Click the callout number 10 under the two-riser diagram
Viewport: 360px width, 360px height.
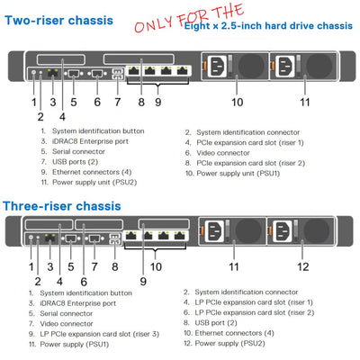tap(237, 102)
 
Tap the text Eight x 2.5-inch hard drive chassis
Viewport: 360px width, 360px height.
tap(256, 27)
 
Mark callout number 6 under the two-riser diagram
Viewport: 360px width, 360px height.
tap(96, 102)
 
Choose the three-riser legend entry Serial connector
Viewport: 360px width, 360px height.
tap(76, 313)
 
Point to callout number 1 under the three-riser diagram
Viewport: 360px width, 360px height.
tap(32, 267)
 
